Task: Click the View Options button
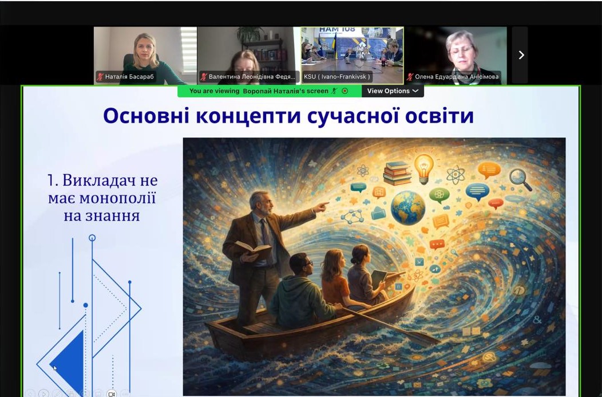point(393,91)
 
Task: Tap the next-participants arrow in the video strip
point(521,55)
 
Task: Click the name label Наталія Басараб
point(129,77)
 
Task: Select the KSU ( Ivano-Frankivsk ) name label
point(336,77)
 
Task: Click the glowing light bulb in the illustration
point(423,167)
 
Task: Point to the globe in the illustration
point(408,207)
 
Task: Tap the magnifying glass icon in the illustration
point(520,179)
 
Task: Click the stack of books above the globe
point(397,173)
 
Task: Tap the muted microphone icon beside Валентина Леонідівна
point(204,77)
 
